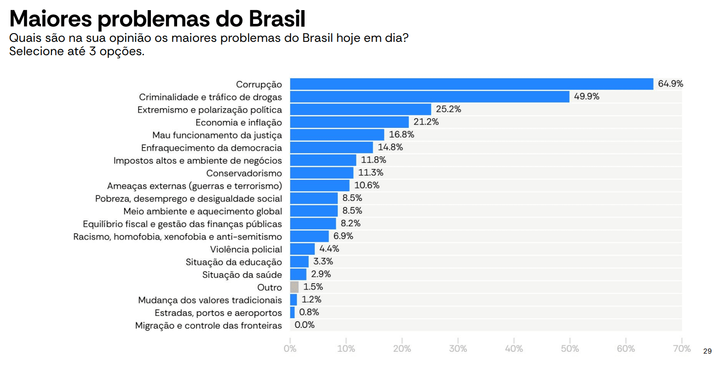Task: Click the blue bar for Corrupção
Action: coord(472,84)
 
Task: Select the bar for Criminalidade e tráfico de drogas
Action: coord(430,97)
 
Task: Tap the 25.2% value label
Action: coord(449,109)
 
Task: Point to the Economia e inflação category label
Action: coord(239,122)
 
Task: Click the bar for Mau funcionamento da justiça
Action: coord(337,135)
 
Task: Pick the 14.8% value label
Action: coord(390,148)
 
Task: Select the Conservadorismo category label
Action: coord(244,173)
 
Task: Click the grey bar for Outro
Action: coord(294,287)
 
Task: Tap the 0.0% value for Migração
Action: coord(305,325)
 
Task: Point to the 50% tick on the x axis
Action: coord(569,349)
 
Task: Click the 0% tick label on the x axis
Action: coord(290,349)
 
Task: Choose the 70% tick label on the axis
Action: coord(682,349)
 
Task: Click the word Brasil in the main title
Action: coord(277,19)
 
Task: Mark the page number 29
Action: coord(707,351)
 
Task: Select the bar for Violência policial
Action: coord(303,249)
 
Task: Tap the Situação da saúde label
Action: coord(242,275)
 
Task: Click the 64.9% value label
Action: coord(670,84)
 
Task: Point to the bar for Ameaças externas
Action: coord(320,186)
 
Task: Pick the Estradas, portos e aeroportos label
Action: coord(218,313)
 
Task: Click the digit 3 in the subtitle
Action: coord(92,51)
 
